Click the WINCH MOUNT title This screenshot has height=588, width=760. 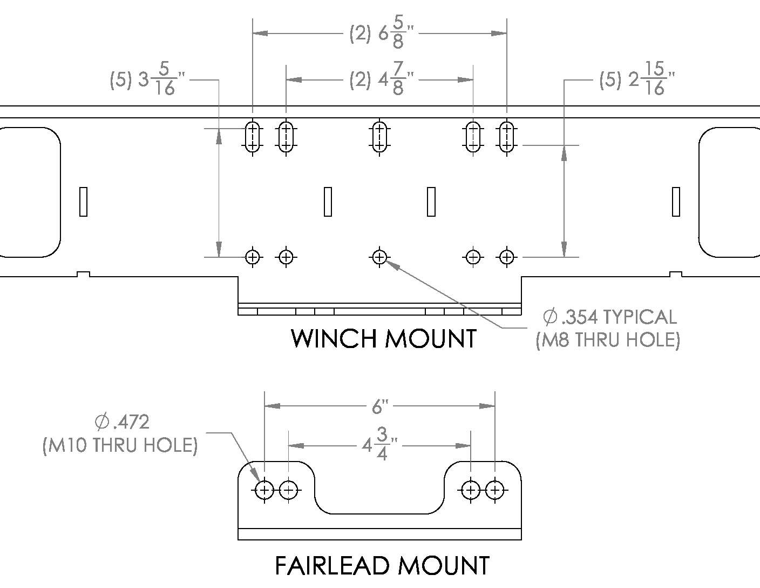384,339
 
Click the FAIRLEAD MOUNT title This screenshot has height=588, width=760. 382,566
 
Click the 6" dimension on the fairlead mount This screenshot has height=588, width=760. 380,407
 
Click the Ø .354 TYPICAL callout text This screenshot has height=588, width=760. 610,317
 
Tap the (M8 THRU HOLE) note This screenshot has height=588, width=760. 608,340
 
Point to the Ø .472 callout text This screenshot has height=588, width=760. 122,422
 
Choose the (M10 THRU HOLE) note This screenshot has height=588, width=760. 120,445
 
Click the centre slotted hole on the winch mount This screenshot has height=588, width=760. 379,137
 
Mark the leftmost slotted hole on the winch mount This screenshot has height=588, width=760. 253,137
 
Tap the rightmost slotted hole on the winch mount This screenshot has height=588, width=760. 507,137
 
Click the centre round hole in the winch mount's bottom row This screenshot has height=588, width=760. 379,257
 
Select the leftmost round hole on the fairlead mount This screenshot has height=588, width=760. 264,490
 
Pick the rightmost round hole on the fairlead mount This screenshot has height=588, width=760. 495,490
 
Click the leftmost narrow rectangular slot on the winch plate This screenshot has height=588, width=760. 83,202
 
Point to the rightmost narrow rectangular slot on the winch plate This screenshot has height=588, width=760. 676,202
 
